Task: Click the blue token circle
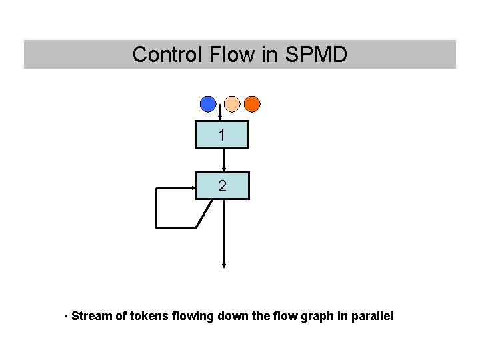coord(209,104)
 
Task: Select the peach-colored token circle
coord(231,104)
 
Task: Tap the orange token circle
coord(252,104)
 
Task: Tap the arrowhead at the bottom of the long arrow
coord(223,265)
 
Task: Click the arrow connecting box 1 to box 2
coord(223,160)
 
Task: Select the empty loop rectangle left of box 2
coord(175,208)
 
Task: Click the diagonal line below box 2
coord(204,214)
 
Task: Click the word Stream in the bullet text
coord(91,315)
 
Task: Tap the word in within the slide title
coord(269,55)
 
